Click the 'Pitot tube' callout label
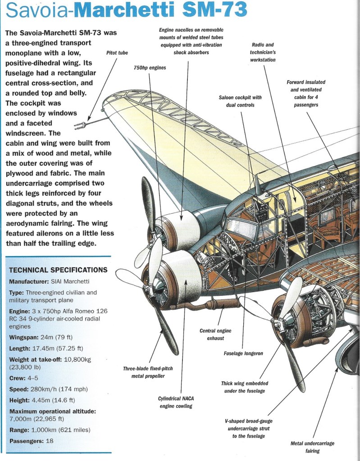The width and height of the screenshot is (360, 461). click(x=117, y=53)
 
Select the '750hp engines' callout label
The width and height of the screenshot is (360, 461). click(x=150, y=68)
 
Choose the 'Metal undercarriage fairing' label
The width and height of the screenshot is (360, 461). click(x=312, y=447)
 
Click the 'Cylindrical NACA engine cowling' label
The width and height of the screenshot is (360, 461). click(x=175, y=402)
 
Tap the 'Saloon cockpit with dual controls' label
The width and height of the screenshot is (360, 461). click(x=240, y=101)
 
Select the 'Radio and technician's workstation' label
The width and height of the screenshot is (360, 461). click(x=262, y=52)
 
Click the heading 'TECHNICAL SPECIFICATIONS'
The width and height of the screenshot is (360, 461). click(x=58, y=270)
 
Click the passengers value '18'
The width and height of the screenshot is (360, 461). click(x=49, y=441)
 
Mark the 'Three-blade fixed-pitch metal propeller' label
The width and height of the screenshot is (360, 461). click(x=147, y=372)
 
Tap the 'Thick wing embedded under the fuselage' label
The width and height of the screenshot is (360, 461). click(x=244, y=387)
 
